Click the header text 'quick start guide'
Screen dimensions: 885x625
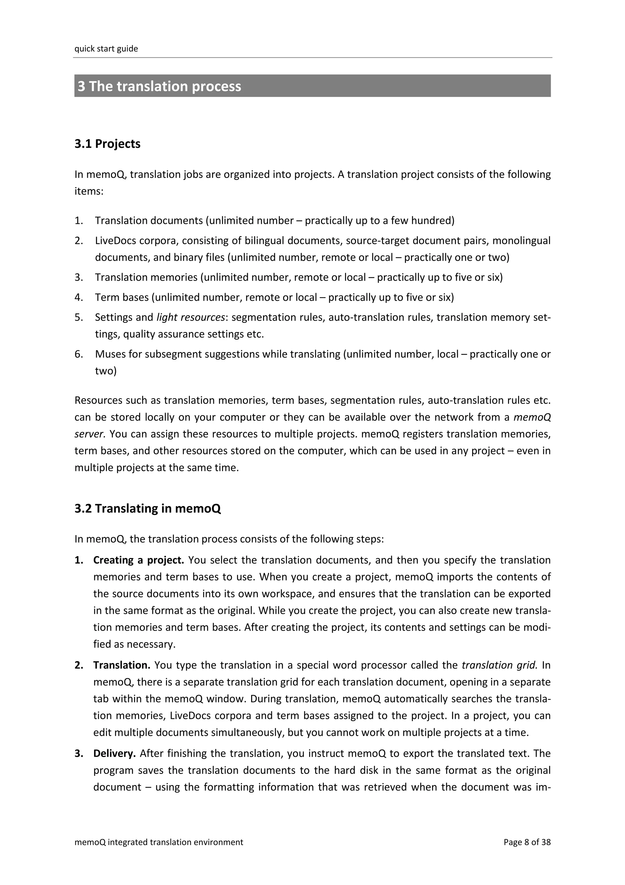[106, 49]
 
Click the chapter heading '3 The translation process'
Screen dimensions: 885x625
[159, 86]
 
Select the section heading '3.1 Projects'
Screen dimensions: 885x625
[107, 144]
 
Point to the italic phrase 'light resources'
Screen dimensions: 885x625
[191, 317]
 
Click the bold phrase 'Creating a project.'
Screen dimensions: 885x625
[139, 560]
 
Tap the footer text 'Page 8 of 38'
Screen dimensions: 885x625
[527, 853]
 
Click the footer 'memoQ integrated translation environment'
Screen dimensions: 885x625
[159, 853]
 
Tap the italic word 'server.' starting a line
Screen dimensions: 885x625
[90, 434]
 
